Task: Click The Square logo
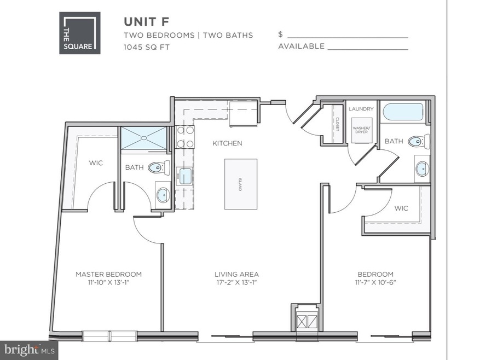tap(80, 33)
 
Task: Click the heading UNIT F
tap(147, 21)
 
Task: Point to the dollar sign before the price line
tap(280, 34)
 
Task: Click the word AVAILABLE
tap(301, 47)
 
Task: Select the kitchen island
tap(240, 184)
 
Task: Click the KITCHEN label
tap(228, 143)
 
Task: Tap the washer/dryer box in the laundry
tap(361, 130)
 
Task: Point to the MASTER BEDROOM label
tap(108, 274)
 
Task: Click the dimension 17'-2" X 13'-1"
tap(236, 283)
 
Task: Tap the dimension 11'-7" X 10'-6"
tap(375, 283)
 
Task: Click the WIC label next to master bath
tap(96, 163)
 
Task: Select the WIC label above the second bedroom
tap(402, 208)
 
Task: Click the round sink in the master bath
tap(163, 194)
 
